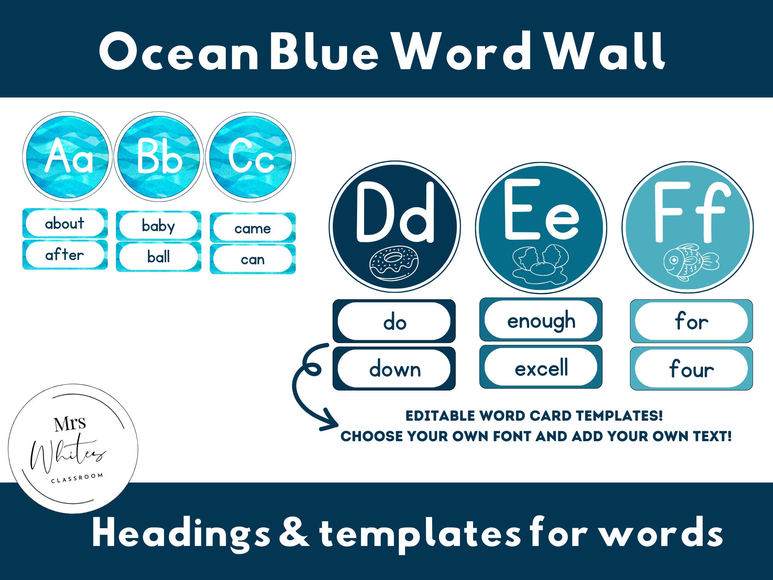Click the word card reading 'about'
[x=65, y=223]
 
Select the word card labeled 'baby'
[x=158, y=226]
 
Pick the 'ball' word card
[x=158, y=257]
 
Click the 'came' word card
[x=252, y=228]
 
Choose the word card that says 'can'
[x=252, y=259]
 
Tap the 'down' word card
[x=394, y=368]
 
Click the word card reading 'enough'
[x=541, y=320]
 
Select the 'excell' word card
[x=541, y=367]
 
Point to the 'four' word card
[x=691, y=368]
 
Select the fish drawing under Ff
[x=691, y=262]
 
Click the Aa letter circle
[x=67, y=157]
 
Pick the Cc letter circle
[x=250, y=157]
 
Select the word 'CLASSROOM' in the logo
[x=77, y=478]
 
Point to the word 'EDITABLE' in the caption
[x=440, y=416]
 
